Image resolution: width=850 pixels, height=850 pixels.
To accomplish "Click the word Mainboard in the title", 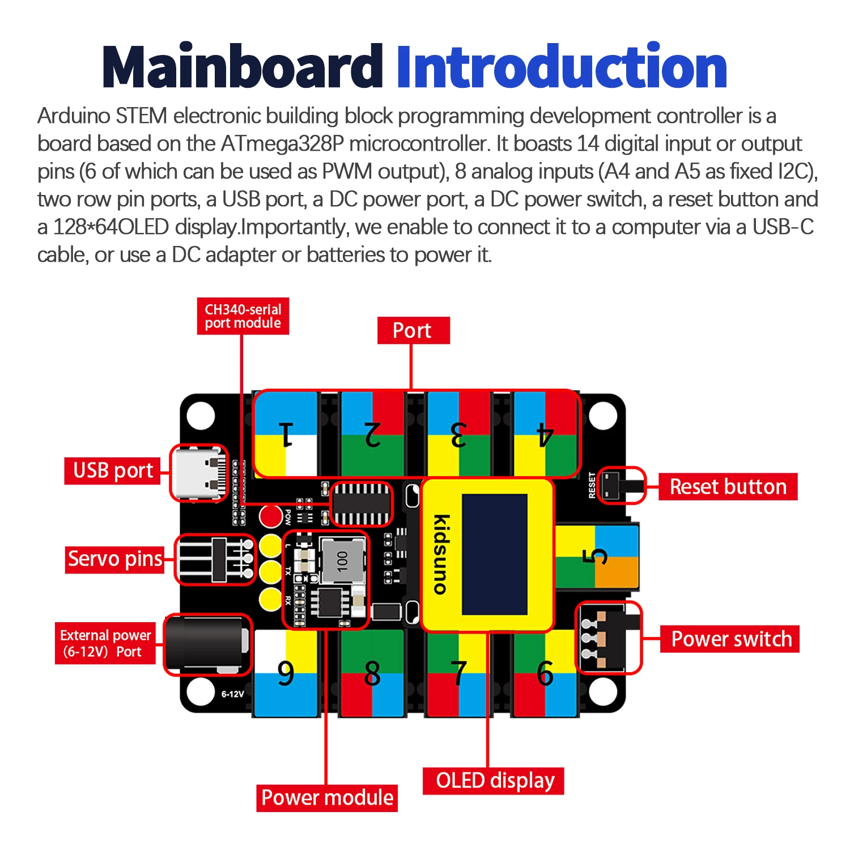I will coord(243,67).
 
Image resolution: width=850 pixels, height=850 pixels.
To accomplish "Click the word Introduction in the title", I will coord(561,67).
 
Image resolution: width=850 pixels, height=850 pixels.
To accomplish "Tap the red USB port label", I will coord(113,470).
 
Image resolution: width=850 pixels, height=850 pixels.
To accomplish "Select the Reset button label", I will coord(728,487).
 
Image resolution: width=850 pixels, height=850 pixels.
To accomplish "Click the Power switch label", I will coord(730,639).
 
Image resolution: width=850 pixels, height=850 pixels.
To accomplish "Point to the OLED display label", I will coord(494,780).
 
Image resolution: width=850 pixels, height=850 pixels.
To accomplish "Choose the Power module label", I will coord(327,797).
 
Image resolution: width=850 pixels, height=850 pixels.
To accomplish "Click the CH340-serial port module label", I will coord(243,316).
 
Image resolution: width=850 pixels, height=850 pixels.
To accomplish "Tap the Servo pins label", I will coord(115,559).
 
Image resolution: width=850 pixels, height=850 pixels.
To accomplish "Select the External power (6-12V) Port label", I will coord(105,643).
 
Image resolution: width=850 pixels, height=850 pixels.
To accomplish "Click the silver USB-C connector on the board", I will coord(198,473).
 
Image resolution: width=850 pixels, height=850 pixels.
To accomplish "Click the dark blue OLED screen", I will coord(494,554).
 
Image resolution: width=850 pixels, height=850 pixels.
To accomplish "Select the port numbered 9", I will coord(286,673).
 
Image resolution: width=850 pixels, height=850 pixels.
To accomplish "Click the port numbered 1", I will coord(286,435).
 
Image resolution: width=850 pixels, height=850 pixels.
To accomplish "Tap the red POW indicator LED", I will coord(271,516).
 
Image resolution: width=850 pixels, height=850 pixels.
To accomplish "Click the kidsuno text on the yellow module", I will coord(441,554).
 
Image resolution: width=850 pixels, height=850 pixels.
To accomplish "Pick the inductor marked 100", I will coord(343,560).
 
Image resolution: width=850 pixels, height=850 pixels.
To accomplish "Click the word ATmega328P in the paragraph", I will coord(282,144).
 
